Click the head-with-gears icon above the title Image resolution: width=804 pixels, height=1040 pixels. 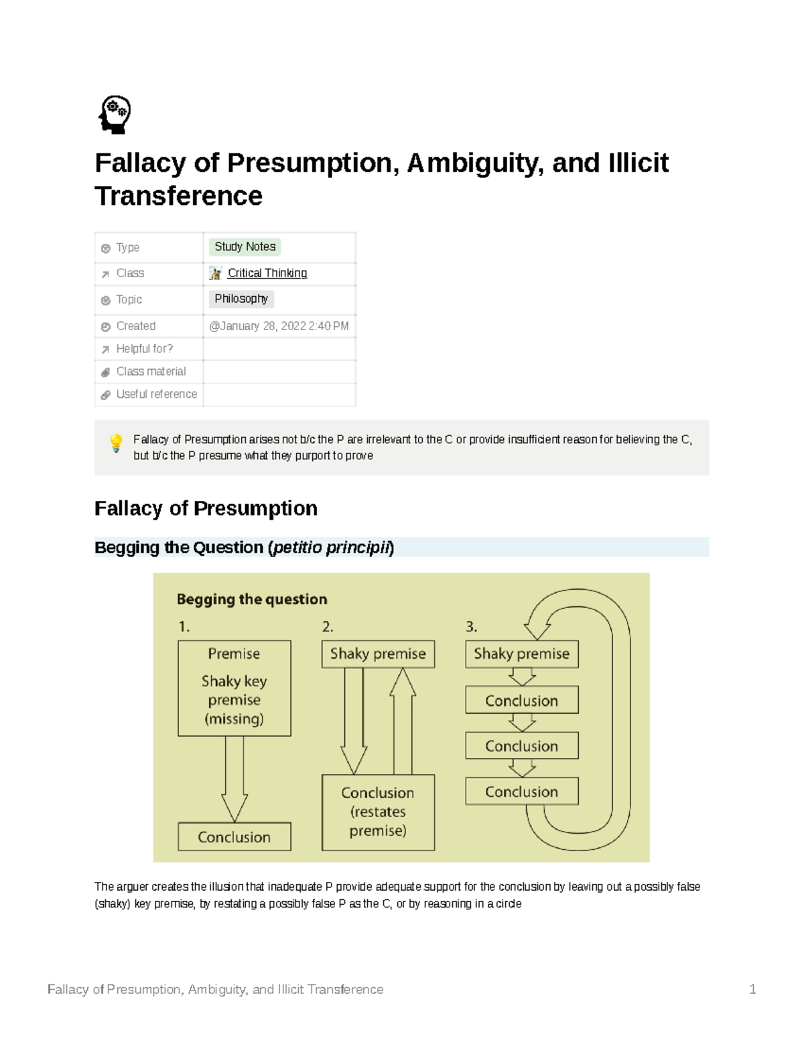coord(115,115)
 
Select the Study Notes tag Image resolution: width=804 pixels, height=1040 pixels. coord(245,247)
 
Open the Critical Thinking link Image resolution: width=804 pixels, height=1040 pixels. coord(267,273)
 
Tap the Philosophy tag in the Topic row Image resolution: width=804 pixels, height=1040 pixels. coord(241,299)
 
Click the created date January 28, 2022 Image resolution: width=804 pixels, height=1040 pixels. coord(279,326)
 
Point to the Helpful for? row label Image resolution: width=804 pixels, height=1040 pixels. coord(144,349)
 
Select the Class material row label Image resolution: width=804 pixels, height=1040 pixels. coord(151,372)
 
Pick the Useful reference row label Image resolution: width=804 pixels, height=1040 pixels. coord(156,394)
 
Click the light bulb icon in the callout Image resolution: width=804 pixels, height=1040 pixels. coord(116,443)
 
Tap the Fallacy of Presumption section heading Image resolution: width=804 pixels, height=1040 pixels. coord(206,508)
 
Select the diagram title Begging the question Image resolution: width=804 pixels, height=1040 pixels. coord(252,599)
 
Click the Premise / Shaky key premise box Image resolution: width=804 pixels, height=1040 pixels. coord(234,688)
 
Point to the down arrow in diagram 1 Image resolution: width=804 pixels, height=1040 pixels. coord(234,779)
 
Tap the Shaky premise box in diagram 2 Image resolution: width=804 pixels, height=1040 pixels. coord(378,654)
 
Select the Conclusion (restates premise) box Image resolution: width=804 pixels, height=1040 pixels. coord(378,812)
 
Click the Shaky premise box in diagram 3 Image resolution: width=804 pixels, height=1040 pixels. coord(521,654)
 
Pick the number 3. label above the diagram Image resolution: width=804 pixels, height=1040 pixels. coord(472,627)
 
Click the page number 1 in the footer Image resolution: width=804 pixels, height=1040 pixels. coord(752,989)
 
